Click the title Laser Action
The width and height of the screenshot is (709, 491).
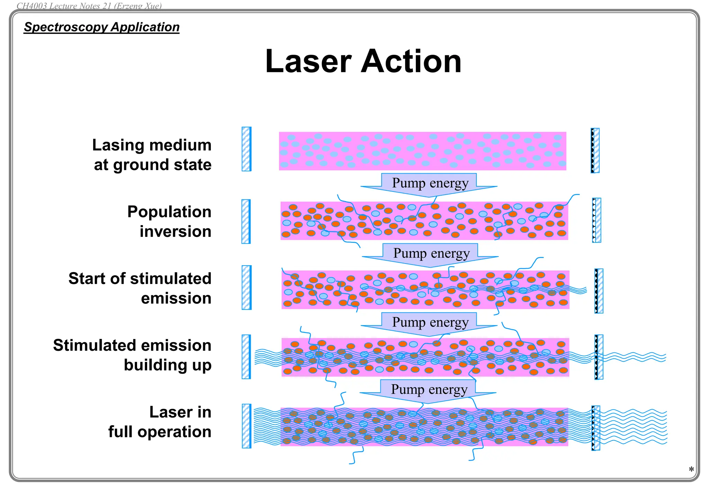[x=363, y=61]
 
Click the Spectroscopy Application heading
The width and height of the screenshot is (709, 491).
[x=102, y=27]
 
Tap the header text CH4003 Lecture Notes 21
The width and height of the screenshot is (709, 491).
[x=89, y=6]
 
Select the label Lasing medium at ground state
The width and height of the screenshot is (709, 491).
[x=152, y=154]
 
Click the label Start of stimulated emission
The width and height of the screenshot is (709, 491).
[x=140, y=288]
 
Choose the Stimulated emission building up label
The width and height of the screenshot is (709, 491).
[x=132, y=355]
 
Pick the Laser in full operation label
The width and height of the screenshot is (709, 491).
[x=160, y=422]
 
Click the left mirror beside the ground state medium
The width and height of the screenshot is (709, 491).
[x=246, y=149]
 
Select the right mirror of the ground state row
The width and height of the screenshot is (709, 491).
[x=595, y=150]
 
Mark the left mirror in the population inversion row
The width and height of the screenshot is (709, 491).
[x=246, y=221]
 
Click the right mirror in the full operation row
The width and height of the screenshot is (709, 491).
[x=596, y=428]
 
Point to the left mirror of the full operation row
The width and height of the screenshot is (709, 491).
[x=246, y=426]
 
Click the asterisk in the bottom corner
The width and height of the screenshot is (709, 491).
[x=691, y=470]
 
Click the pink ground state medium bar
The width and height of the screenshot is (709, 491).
[x=422, y=151]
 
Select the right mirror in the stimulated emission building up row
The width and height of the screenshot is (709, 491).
[x=599, y=357]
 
